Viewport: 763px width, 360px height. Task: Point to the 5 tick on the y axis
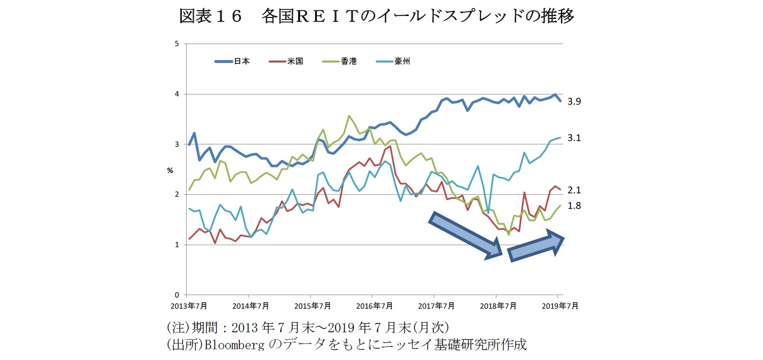tap(177, 44)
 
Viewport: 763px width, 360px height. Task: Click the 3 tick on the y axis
tap(177, 144)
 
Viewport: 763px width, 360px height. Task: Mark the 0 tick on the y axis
tap(177, 295)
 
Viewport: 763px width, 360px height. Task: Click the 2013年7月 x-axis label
tap(189, 306)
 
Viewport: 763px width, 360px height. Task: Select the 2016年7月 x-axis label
tap(374, 306)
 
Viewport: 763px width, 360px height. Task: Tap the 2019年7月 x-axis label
tap(560, 306)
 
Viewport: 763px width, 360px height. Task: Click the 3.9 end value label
tap(574, 102)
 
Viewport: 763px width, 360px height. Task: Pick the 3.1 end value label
tap(574, 138)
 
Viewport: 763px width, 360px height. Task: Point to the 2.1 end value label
tap(574, 190)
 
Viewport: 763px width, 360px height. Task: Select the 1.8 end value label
tap(574, 206)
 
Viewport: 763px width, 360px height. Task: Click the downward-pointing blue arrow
tap(465, 235)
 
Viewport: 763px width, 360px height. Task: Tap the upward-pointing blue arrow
tap(536, 246)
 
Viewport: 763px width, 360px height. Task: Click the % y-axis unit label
tap(170, 171)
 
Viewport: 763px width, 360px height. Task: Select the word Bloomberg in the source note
tap(234, 344)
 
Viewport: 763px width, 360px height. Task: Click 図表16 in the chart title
tap(210, 16)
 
